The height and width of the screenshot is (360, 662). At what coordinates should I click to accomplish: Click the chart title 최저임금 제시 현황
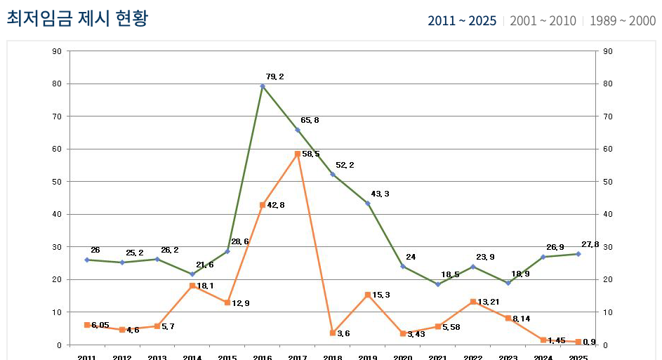[x=77, y=18]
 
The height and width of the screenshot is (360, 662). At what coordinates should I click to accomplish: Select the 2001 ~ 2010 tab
[x=543, y=21]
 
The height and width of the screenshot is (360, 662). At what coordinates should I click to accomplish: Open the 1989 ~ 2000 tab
[x=623, y=21]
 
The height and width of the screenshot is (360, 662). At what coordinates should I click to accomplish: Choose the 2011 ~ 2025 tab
[x=461, y=21]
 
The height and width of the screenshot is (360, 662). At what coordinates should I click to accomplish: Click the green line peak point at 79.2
[x=263, y=86]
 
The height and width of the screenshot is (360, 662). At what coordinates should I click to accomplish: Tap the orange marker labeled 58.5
[x=298, y=154]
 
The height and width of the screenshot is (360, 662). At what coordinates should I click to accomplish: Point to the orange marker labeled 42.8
[x=263, y=205]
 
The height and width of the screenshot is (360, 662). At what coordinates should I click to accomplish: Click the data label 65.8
[x=310, y=120]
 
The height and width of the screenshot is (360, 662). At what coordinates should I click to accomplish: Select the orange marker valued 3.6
[x=333, y=333]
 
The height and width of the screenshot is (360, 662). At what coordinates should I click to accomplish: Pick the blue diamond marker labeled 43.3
[x=368, y=204]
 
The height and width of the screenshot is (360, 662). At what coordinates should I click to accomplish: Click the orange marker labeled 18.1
[x=192, y=286]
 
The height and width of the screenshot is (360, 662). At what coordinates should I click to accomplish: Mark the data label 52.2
[x=345, y=165]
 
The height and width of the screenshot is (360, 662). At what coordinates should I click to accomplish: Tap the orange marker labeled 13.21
[x=473, y=302]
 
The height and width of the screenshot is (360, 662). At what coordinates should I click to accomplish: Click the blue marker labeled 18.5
[x=438, y=284]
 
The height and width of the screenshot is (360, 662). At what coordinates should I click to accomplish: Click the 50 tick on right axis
[x=608, y=182]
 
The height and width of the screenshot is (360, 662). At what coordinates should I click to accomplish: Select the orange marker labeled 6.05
[x=87, y=325]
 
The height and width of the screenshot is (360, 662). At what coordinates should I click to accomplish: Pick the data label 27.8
[x=590, y=244]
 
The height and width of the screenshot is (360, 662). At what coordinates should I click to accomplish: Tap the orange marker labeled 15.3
[x=368, y=295]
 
